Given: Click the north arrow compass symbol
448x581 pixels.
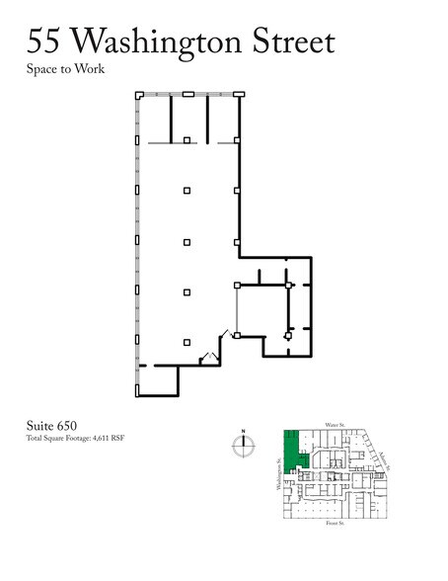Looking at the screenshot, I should [243, 447].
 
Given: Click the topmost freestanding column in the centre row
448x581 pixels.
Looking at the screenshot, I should [187, 141].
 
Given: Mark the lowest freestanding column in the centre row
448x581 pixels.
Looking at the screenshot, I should [187, 343].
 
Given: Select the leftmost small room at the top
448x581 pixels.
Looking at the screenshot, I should [155, 119].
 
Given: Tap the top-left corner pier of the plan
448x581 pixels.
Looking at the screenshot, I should [139, 95].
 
